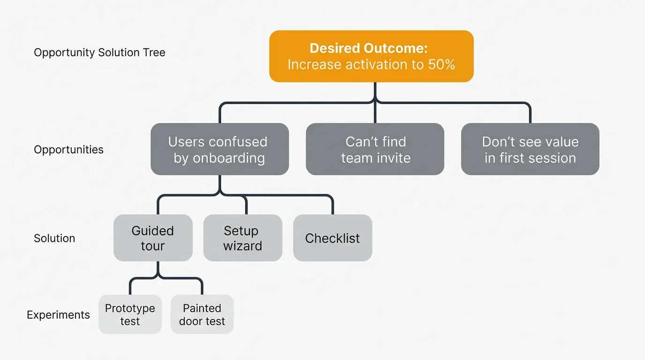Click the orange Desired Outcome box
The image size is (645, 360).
point(371,56)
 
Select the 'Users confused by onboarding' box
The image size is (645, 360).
point(219,150)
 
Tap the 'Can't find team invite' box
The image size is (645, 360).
point(375,150)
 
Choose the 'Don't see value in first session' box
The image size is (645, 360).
point(530,150)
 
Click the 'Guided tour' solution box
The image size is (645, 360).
point(153,238)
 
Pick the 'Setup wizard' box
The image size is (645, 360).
point(243,238)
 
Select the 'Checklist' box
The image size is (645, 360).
point(332,238)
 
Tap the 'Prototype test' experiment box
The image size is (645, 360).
point(130,315)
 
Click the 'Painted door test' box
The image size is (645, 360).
point(202,315)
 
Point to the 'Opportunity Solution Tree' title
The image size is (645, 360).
point(99,52)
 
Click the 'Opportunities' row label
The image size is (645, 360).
point(68,150)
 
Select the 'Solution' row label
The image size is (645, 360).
point(54,239)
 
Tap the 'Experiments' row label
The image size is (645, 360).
point(58,315)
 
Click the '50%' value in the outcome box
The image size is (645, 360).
point(442,65)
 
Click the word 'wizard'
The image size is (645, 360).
point(243,246)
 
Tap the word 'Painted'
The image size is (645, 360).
point(202,308)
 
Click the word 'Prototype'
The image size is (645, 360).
point(130,308)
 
